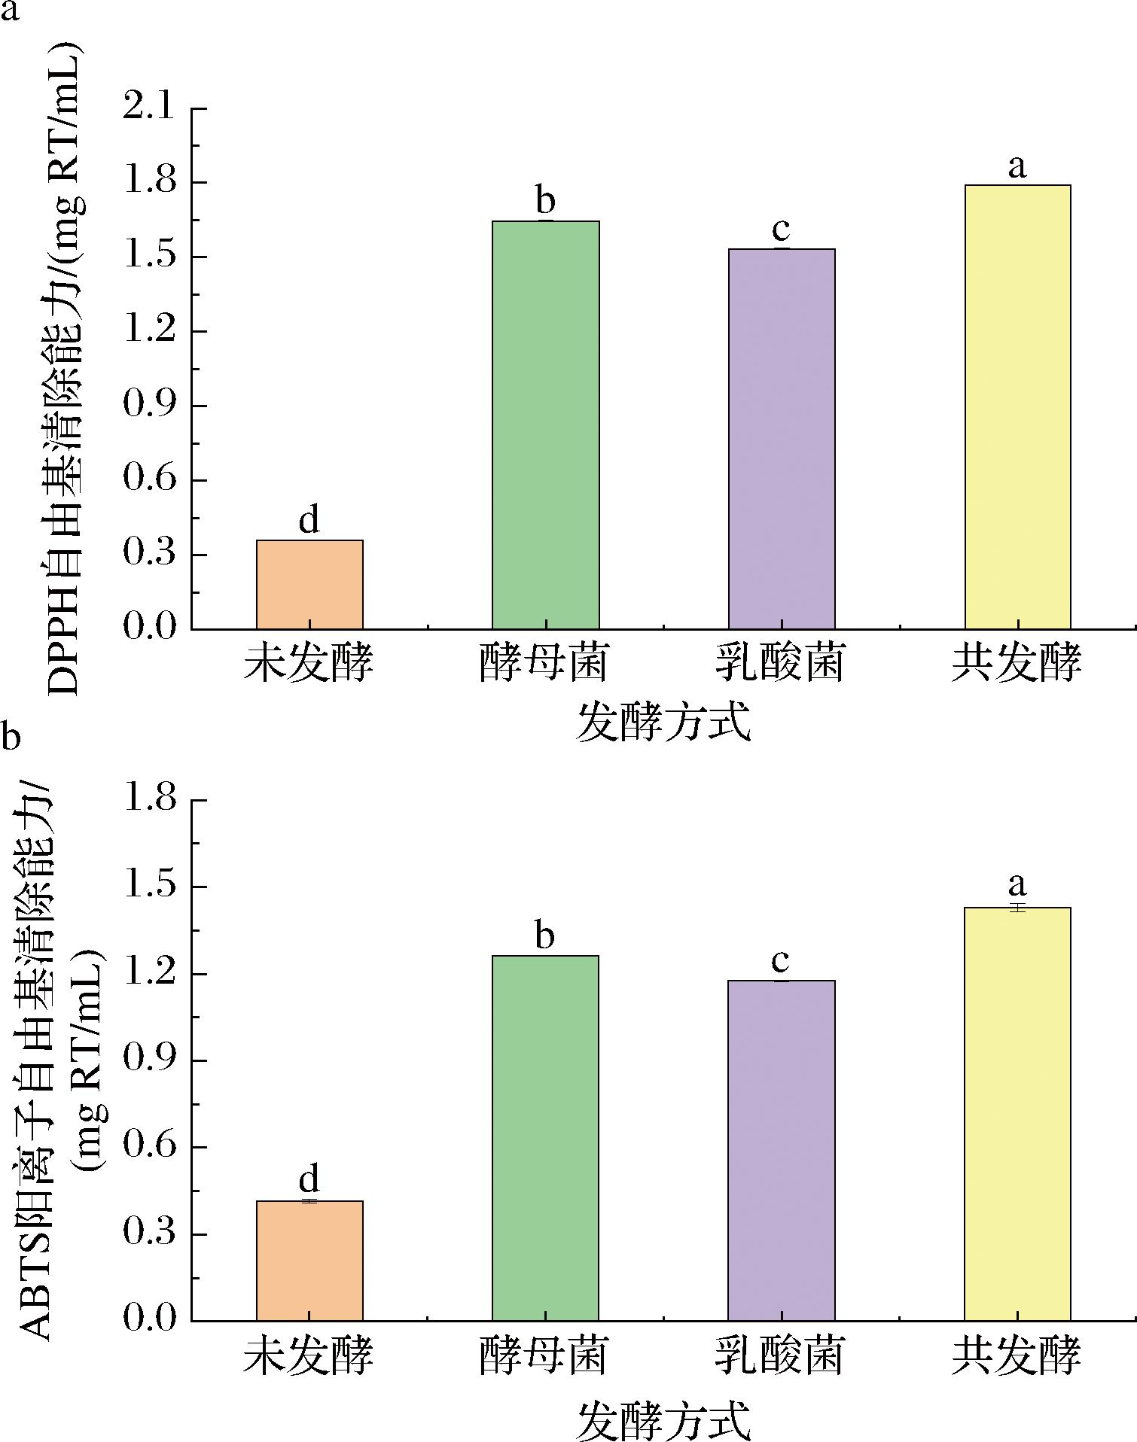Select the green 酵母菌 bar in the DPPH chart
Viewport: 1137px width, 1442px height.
pyautogui.click(x=545, y=424)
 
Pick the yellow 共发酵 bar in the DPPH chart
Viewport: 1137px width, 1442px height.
pyautogui.click(x=1017, y=406)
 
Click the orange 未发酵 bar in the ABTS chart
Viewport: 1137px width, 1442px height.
pyautogui.click(x=309, y=1260)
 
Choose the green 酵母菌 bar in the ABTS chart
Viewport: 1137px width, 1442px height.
pyautogui.click(x=545, y=1137)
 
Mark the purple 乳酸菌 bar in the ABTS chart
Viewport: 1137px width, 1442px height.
pyautogui.click(x=781, y=1149)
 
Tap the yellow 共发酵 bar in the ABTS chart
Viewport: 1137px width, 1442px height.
pyautogui.click(x=1017, y=1113)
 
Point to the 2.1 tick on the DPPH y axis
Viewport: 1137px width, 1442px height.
pyautogui.click(x=147, y=109)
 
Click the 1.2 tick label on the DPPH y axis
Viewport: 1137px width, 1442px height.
pyautogui.click(x=147, y=332)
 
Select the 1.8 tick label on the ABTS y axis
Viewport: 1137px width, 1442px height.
pyautogui.click(x=147, y=800)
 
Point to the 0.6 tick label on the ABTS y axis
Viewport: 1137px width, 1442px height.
pyautogui.click(x=147, y=1148)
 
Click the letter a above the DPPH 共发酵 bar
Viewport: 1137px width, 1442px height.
pyautogui.click(x=1017, y=166)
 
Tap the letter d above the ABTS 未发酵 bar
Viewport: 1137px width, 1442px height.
pyautogui.click(x=309, y=1179)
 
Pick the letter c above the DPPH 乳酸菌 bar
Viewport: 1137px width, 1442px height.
pyautogui.click(x=781, y=228)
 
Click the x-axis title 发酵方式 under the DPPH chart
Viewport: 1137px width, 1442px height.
pyautogui.click(x=663, y=723)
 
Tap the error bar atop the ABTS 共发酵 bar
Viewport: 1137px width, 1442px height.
pyautogui.click(x=1017, y=908)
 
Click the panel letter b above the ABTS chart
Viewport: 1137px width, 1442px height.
pyautogui.click(x=11, y=738)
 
